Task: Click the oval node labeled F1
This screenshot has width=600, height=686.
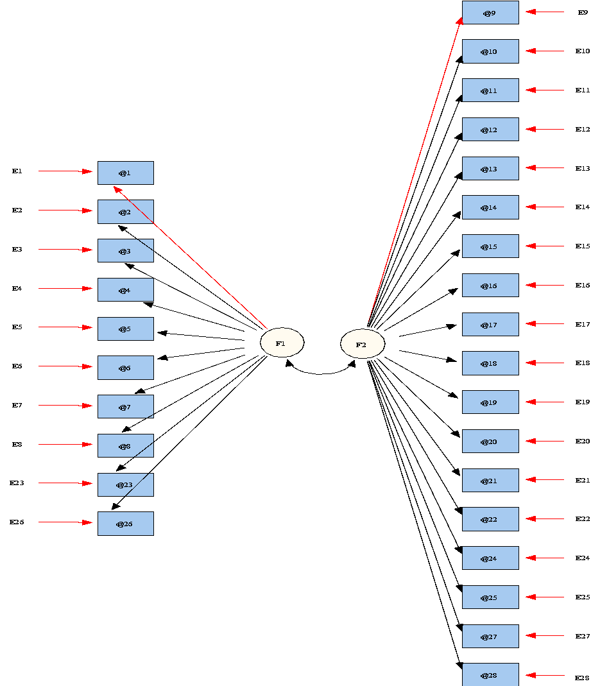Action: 282,343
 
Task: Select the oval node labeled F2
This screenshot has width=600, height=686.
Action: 363,344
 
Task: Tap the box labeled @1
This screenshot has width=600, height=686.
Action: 126,173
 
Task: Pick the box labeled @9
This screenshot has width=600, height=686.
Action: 490,13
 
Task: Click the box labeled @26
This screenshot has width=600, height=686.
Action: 126,524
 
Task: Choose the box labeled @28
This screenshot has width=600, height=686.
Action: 490,675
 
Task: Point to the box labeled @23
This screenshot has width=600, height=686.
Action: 126,484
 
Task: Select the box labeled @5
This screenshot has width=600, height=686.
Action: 126,329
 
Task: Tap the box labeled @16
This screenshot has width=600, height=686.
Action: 490,286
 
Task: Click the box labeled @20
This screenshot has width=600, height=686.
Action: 490,442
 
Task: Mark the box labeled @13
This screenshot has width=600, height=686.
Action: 490,169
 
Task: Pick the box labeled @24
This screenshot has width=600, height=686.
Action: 490,558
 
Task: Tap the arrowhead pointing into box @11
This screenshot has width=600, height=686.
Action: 531,90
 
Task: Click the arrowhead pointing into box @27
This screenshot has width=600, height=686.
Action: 531,636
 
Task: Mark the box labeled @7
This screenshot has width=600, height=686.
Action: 126,407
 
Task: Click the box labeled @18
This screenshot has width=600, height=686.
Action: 490,363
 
